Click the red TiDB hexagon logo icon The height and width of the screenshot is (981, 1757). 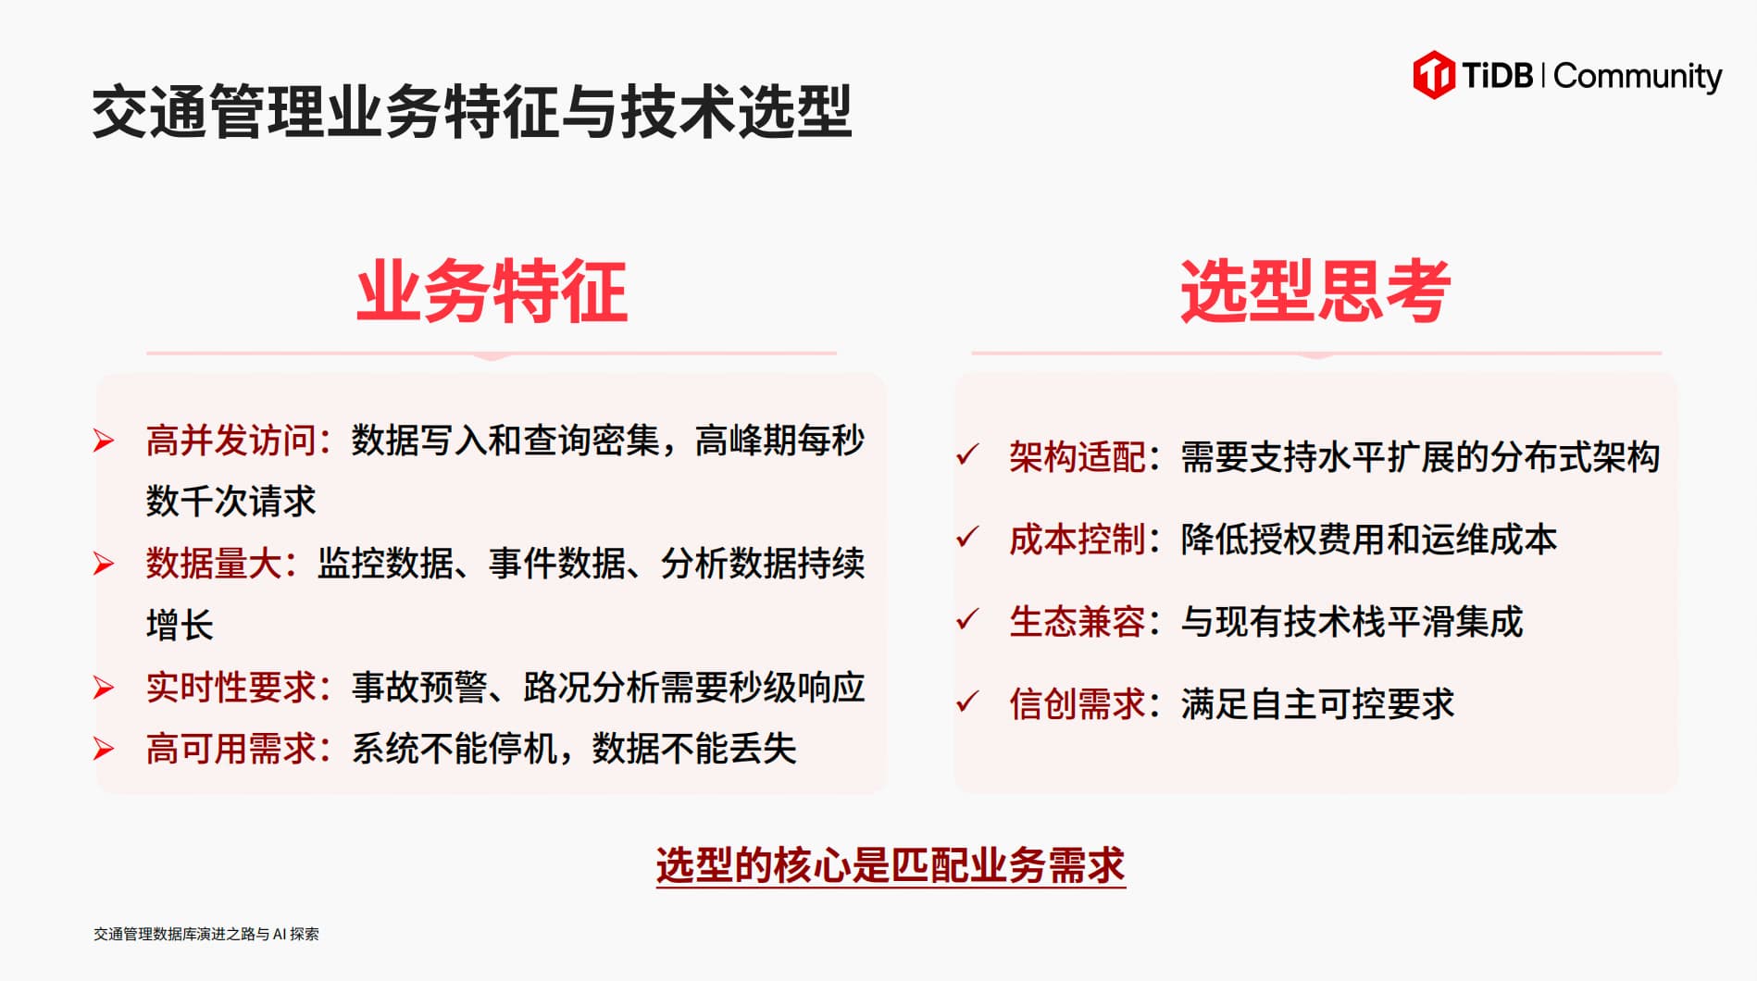pyautogui.click(x=1433, y=75)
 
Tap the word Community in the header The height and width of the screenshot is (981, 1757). pyautogui.click(x=1638, y=77)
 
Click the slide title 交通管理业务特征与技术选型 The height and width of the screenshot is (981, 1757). pyautogui.click(x=472, y=112)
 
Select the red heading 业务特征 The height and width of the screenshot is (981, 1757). pyautogui.click(x=492, y=292)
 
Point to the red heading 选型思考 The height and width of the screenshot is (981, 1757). pyautogui.click(x=1315, y=292)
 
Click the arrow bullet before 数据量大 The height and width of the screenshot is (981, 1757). pyautogui.click(x=104, y=564)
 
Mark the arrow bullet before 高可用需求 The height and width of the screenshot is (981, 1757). pyautogui.click(x=104, y=749)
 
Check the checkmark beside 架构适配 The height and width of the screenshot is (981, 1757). pyautogui.click(x=967, y=454)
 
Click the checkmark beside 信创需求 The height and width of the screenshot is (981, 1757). pyautogui.click(x=967, y=702)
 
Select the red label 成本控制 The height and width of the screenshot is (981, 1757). pyautogui.click(x=1078, y=540)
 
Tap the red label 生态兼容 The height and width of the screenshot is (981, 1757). pyautogui.click(x=1078, y=622)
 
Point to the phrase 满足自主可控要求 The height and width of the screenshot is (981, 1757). pyautogui.click(x=1317, y=704)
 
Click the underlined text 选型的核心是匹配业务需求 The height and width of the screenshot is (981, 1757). pyautogui.click(x=891, y=866)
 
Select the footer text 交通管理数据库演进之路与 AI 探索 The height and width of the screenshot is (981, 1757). pyautogui.click(x=206, y=934)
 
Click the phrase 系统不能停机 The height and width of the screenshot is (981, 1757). pyautogui.click(x=454, y=749)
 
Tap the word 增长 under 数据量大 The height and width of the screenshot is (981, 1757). pyautogui.click(x=180, y=626)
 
